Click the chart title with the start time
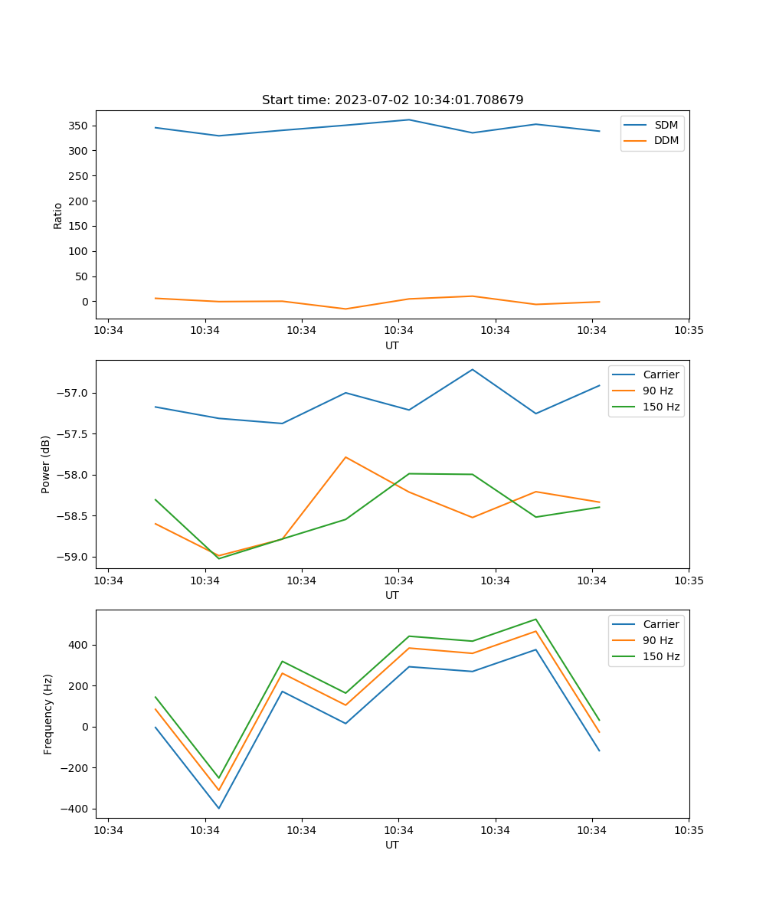click(392, 100)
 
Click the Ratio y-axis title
click(58, 216)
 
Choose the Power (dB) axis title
click(46, 464)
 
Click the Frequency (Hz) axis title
click(48, 714)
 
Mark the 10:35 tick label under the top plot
click(689, 331)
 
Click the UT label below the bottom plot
click(392, 845)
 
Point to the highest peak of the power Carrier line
click(473, 369)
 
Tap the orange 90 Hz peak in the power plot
click(345, 457)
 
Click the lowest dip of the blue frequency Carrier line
click(218, 808)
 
